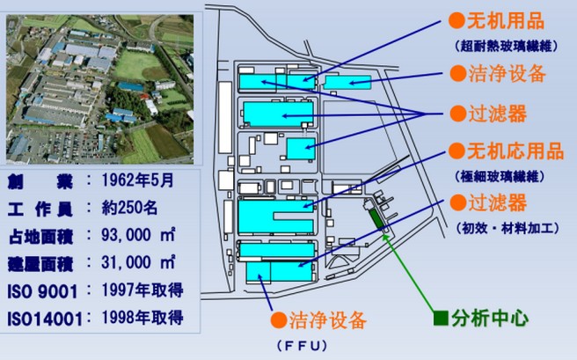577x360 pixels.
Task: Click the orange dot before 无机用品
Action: point(456,18)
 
